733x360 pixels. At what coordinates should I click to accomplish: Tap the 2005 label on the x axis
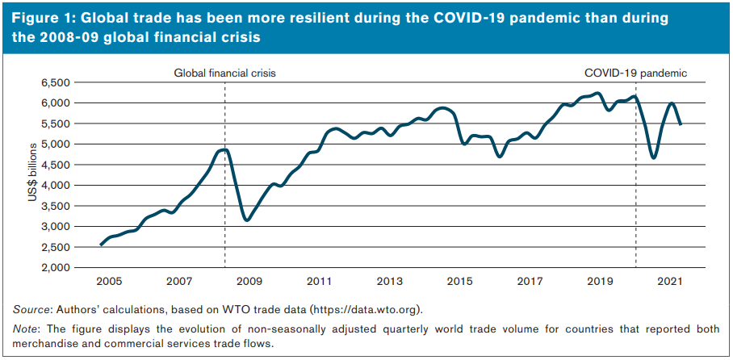click(x=108, y=282)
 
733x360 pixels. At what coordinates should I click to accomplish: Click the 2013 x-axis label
click(x=389, y=282)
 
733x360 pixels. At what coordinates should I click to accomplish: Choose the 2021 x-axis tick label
click(x=671, y=282)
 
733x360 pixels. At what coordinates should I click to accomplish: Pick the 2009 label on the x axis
click(x=249, y=282)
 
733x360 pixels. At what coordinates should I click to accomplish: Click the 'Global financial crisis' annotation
click(x=225, y=73)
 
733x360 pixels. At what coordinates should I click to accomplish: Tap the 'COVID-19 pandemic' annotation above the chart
click(x=635, y=73)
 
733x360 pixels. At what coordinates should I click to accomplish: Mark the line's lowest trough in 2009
click(x=246, y=220)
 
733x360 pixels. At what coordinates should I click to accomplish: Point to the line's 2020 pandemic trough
click(x=653, y=157)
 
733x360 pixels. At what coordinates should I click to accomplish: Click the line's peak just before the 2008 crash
click(x=224, y=149)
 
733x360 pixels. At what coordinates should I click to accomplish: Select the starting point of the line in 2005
click(x=100, y=245)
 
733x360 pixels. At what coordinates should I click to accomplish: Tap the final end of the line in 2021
click(x=681, y=124)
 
